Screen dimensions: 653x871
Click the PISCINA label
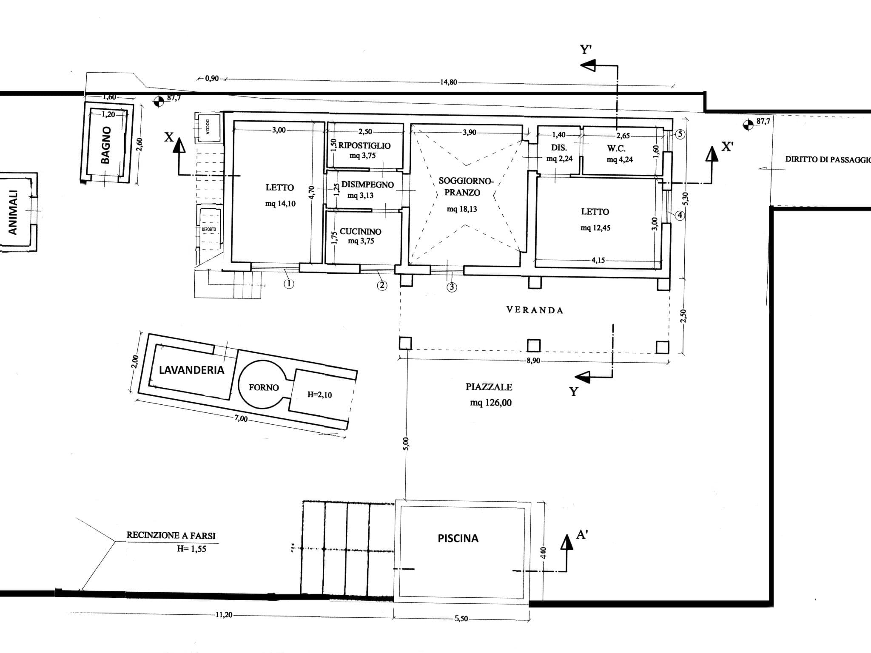click(x=458, y=538)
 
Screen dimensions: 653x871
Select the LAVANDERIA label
click(x=191, y=370)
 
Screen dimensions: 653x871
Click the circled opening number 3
click(x=452, y=287)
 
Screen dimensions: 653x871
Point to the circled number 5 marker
click(x=680, y=134)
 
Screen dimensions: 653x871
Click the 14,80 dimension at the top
click(x=448, y=82)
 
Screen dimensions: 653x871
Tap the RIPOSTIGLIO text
click(x=364, y=145)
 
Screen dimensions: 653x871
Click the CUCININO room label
click(x=360, y=231)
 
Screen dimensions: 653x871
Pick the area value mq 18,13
click(x=461, y=209)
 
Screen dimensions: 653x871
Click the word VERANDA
click(x=535, y=310)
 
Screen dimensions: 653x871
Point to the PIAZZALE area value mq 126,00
click(x=490, y=402)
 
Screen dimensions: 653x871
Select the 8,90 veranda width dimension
click(x=533, y=361)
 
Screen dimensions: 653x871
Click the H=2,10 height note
click(x=319, y=395)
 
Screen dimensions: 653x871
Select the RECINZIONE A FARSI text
click(x=171, y=535)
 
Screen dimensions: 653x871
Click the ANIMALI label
click(x=13, y=212)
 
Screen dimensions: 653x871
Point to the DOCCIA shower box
click(x=208, y=127)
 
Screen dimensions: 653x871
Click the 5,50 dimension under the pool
click(x=461, y=619)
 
